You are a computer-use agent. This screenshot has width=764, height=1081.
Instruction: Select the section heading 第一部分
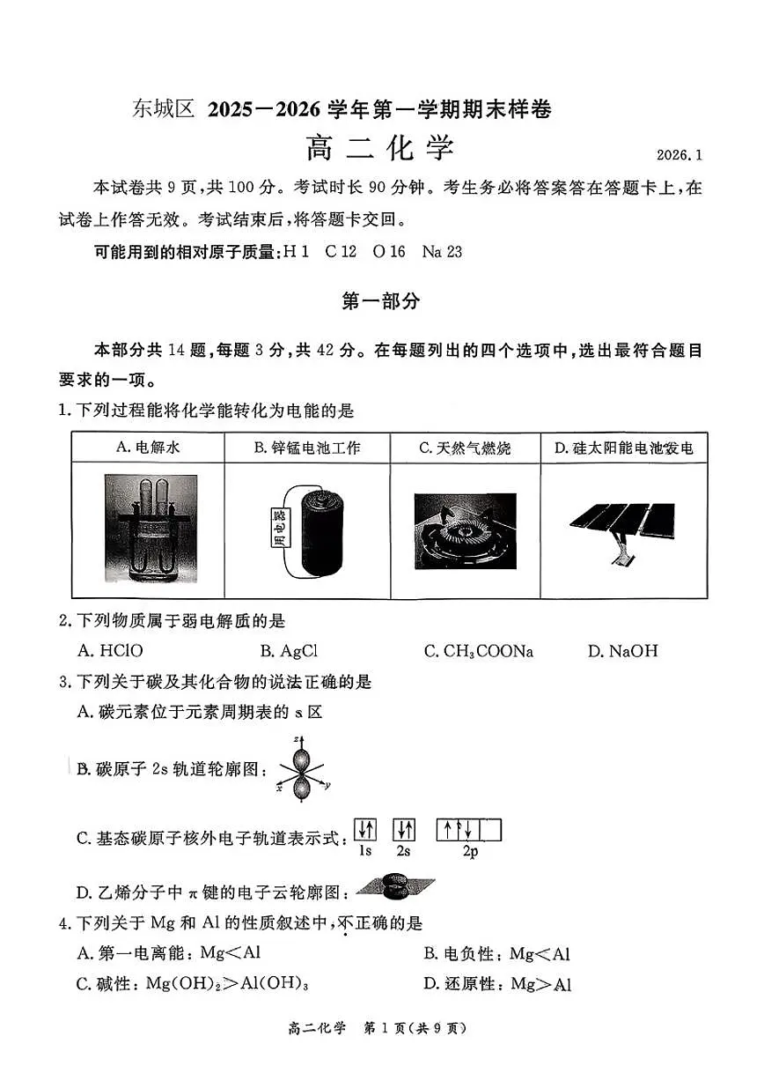tap(380, 301)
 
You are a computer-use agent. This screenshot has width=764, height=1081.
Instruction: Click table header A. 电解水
tap(148, 448)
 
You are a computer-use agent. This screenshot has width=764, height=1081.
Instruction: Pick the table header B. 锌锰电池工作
tap(307, 448)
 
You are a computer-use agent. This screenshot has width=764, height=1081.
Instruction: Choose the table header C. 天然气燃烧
tap(465, 448)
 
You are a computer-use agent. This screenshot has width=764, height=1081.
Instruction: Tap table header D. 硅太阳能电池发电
tap(623, 448)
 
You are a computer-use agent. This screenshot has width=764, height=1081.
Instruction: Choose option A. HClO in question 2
tap(110, 651)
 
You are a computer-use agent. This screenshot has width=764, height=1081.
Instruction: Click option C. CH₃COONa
tap(478, 651)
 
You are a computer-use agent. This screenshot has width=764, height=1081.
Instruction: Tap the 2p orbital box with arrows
tap(469, 830)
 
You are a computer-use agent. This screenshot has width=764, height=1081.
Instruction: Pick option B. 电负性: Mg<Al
tap(496, 953)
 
